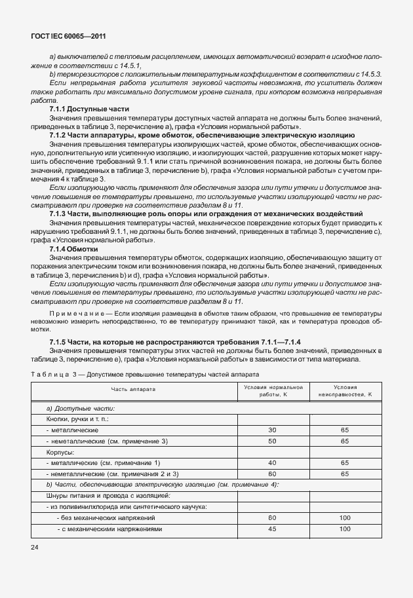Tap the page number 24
(35, 546)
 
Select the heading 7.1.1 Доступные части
(89, 109)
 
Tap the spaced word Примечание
(77, 315)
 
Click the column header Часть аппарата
(133, 390)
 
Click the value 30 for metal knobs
(271, 430)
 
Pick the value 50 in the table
(271, 441)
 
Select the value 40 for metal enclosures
(271, 463)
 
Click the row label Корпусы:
(61, 452)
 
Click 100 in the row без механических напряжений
(345, 518)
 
